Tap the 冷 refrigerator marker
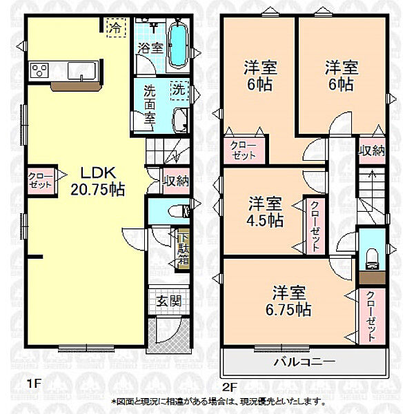[117, 28]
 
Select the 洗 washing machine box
[179, 90]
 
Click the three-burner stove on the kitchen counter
[39, 70]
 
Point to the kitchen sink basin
[82, 70]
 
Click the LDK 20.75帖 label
[98, 181]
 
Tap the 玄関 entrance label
[169, 301]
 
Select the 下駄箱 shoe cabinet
[183, 250]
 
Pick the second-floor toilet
[373, 259]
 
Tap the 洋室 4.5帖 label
[265, 212]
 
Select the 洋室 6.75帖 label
[288, 301]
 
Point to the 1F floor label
[34, 384]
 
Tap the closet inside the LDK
[41, 181]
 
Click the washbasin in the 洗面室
[181, 120]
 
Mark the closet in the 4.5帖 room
[315, 226]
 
